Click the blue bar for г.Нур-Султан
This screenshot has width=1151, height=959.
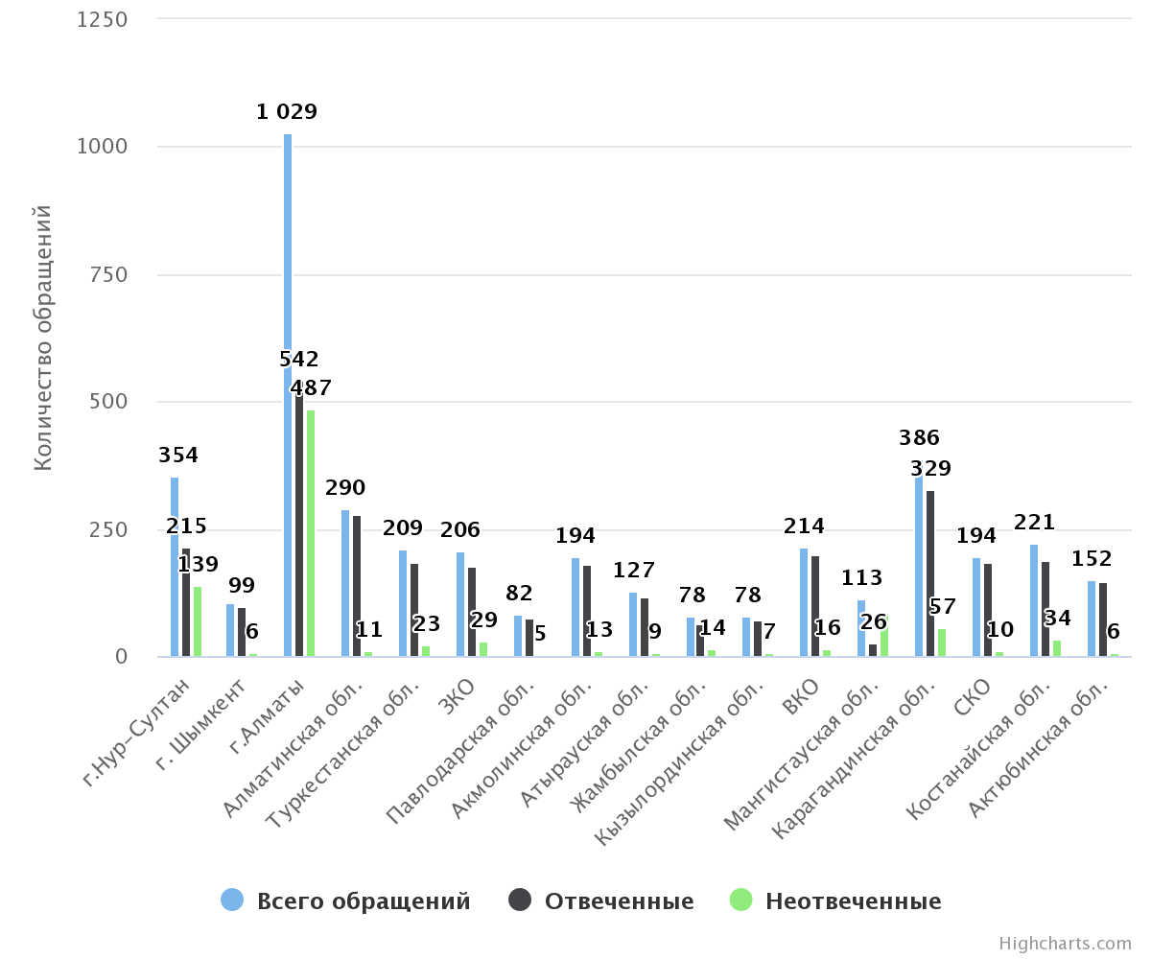click(175, 567)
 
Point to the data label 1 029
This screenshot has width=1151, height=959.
click(287, 112)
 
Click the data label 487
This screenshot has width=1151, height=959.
click(311, 388)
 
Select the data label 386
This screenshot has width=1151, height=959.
click(919, 438)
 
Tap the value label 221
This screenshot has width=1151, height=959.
click(1034, 523)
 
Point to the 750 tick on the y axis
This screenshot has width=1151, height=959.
click(107, 274)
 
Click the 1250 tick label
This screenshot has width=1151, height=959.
click(102, 19)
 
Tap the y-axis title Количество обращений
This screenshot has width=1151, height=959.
click(43, 338)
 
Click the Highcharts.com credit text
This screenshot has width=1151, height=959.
click(1065, 944)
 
